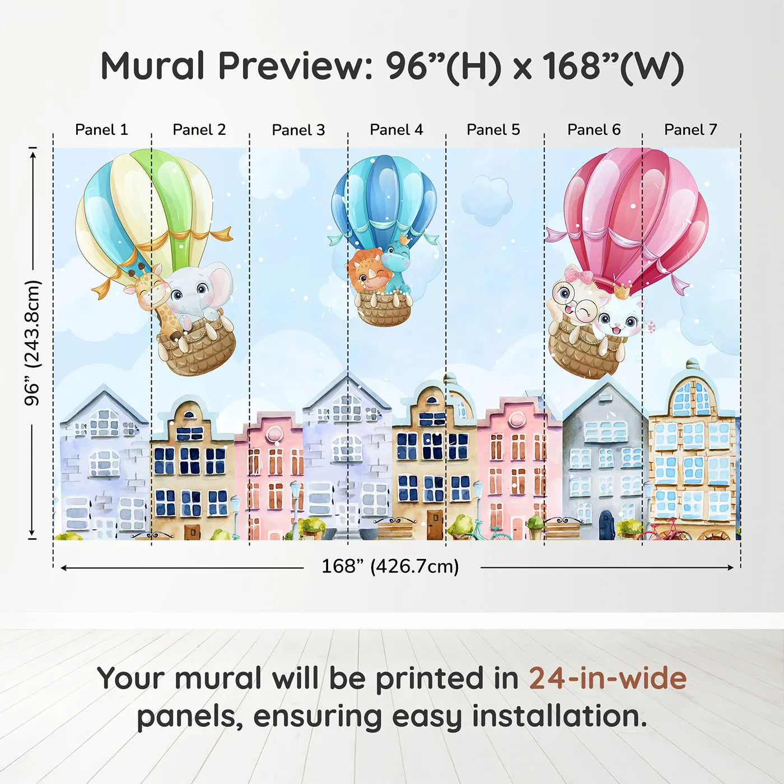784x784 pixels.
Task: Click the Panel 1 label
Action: point(101,130)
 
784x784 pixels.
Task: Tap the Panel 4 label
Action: point(396,130)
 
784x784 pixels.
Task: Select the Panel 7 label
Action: point(690,130)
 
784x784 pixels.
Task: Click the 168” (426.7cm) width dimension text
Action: point(390,566)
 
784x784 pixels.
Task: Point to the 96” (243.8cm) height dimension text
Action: point(32,343)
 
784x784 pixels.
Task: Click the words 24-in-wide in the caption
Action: point(608,678)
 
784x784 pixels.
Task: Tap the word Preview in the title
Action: point(291,66)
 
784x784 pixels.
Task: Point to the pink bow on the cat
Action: point(578,276)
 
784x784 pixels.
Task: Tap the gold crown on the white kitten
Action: point(622,290)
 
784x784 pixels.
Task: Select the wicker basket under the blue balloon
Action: point(384,310)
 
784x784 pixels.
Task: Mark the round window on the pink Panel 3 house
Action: point(274,434)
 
